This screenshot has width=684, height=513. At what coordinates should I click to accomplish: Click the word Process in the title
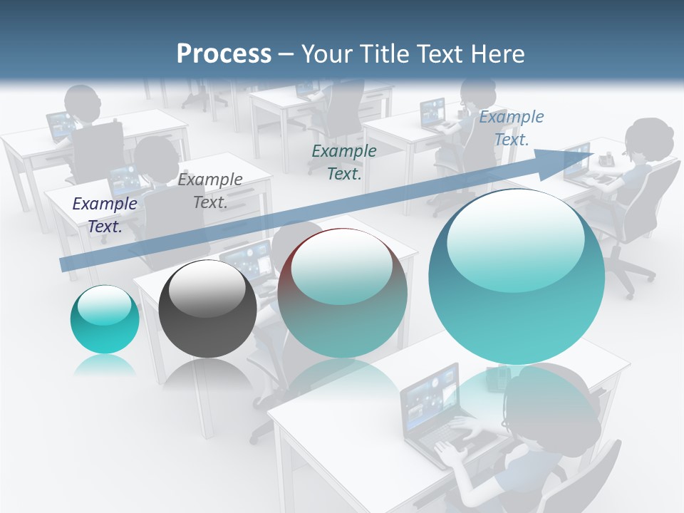224,54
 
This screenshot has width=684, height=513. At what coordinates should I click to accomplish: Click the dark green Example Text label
344,162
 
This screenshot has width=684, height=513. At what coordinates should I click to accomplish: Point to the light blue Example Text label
511,128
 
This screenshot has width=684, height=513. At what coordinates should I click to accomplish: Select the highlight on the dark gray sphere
207,289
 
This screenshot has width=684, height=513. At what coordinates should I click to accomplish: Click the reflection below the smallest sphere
105,365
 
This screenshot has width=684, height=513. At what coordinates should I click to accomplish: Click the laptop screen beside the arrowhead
576,162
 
